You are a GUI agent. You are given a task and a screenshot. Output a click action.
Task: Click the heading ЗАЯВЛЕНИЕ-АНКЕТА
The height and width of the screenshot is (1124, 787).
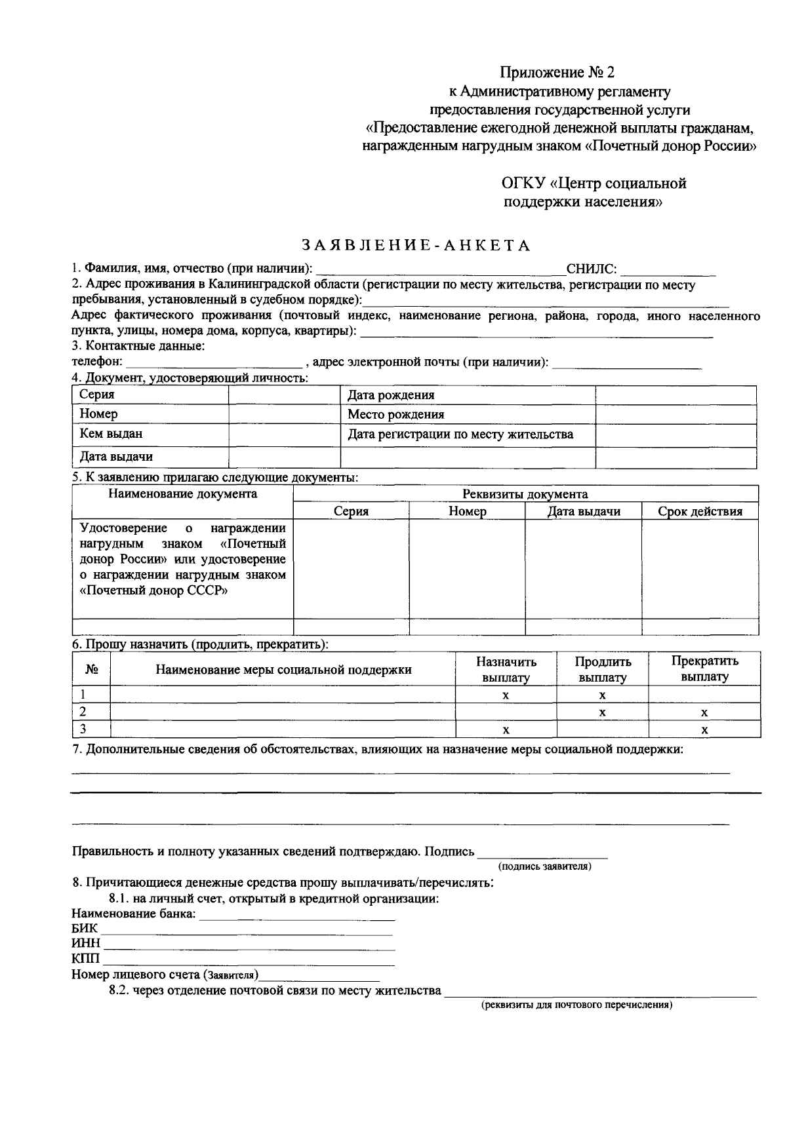(x=416, y=246)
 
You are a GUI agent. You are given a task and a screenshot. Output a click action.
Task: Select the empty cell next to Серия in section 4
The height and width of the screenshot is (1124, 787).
(x=284, y=395)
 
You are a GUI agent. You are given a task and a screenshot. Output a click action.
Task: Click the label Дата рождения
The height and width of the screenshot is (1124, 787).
(x=391, y=395)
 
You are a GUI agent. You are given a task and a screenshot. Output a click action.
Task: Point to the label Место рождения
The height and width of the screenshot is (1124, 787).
(x=395, y=414)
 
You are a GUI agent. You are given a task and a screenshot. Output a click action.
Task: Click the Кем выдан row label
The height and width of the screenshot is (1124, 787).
(x=111, y=434)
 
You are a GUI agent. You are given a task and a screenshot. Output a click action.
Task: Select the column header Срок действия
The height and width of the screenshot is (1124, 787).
(x=700, y=511)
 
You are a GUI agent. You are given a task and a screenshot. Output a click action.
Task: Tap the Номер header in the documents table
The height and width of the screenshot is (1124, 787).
(x=467, y=511)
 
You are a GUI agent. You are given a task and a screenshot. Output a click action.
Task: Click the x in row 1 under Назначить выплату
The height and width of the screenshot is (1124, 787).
(x=506, y=695)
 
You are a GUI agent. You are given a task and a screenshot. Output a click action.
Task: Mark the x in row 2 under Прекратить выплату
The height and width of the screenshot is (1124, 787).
(x=704, y=712)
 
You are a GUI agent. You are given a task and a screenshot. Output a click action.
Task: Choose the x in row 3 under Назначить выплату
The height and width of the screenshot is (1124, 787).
(x=506, y=729)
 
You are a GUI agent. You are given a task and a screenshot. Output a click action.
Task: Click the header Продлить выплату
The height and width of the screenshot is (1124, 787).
(x=602, y=669)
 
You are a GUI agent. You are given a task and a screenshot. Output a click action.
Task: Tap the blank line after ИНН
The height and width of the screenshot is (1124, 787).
(x=249, y=944)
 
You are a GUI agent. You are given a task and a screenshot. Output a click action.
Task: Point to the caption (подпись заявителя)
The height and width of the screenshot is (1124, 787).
(x=545, y=866)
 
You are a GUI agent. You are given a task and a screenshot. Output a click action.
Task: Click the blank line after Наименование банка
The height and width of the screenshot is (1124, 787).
(x=296, y=914)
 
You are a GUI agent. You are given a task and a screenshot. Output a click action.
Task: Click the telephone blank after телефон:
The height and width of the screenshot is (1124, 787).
(x=213, y=362)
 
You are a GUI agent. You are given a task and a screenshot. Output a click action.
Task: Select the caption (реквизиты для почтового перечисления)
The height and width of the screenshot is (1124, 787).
(x=577, y=1005)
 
